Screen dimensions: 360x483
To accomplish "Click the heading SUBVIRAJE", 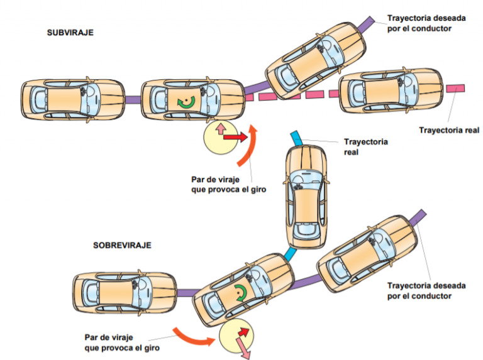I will pos(70,32).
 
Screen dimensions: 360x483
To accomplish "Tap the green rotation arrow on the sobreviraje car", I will pos(240,293).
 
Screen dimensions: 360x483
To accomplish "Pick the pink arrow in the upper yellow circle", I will pos(221,129).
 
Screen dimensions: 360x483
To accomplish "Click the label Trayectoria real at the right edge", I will pos(449,131).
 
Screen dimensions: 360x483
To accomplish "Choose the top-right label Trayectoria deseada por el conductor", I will pos(426,23).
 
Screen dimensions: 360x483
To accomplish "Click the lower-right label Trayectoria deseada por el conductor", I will pos(426,290).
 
